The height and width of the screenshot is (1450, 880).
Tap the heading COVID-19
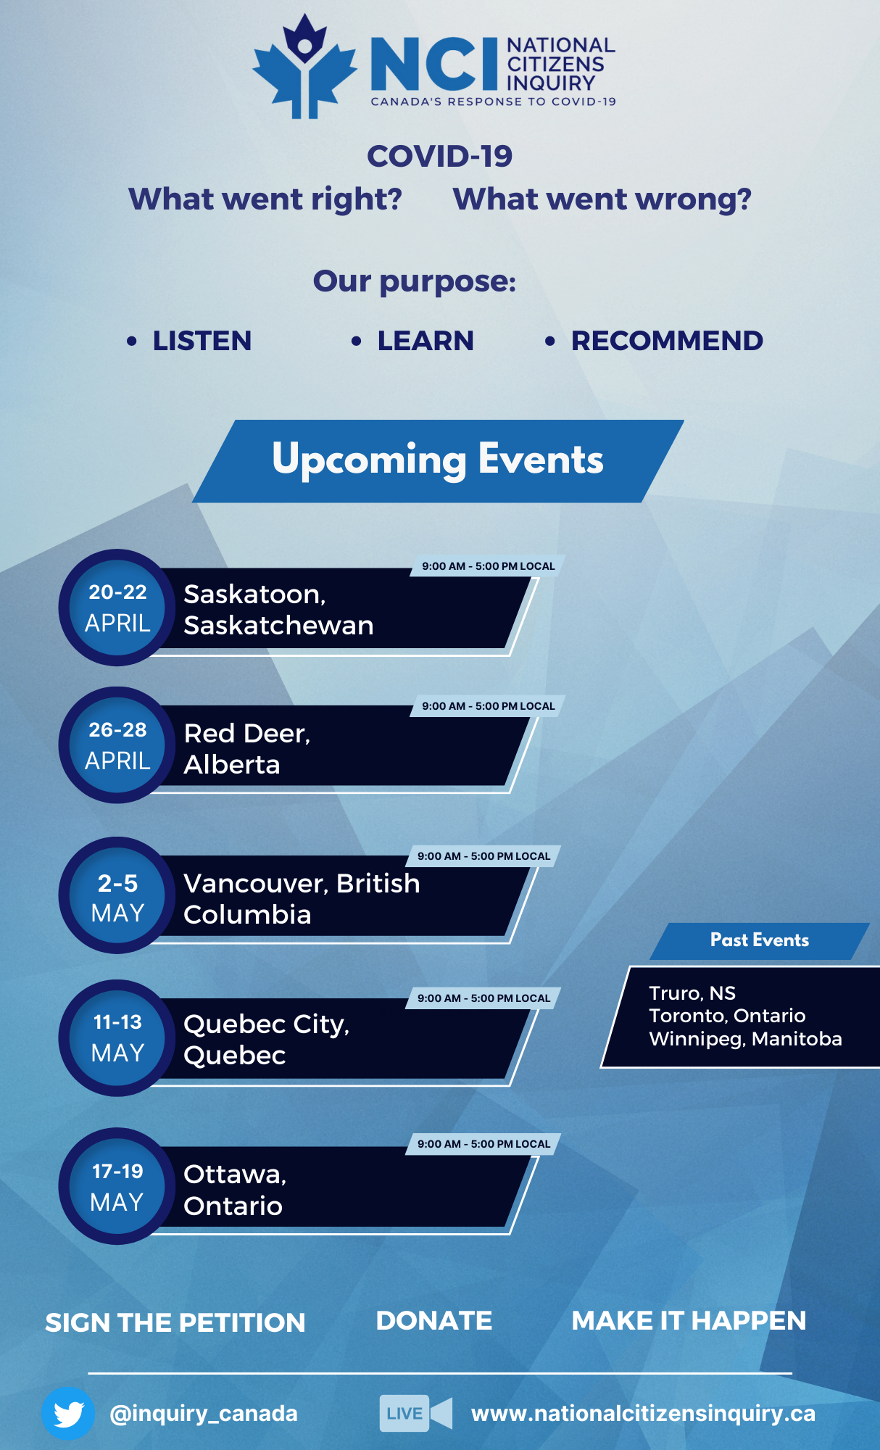439,156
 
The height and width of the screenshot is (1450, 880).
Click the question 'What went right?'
265,199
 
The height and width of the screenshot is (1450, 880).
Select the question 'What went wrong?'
602,199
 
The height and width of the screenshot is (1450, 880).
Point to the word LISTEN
202,341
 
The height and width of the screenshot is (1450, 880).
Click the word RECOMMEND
667,341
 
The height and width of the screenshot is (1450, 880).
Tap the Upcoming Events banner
438,461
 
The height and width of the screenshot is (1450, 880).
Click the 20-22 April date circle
117,608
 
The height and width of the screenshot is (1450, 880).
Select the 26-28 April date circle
117,745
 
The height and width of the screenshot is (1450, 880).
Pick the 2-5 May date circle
117,895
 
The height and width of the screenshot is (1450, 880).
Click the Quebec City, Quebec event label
267,1040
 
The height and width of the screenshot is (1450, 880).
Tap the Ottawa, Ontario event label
235,1190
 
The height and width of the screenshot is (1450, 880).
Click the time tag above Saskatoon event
488,566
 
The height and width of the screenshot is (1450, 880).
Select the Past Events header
760,940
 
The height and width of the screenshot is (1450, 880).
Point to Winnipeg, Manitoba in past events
745,1039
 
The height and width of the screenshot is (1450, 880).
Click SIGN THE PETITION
175,1323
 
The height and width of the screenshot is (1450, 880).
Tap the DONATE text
434,1321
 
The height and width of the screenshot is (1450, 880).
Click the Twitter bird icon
68,1413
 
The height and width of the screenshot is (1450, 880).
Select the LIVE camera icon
416,1413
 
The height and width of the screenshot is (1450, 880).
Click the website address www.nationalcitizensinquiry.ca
643,1414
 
